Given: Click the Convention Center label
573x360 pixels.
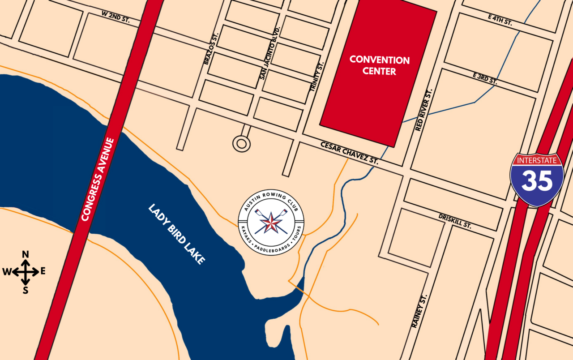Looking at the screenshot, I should coord(379,65).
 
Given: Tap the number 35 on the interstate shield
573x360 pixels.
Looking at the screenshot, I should coord(537,181).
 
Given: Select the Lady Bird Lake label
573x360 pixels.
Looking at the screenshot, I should coord(177,234).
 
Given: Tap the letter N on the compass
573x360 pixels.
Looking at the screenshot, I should coord(26,255).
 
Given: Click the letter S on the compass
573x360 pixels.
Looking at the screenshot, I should coord(26,290).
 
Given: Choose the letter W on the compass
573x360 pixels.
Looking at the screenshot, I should coord(7,272).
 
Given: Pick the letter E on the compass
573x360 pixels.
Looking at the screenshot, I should coord(43,271).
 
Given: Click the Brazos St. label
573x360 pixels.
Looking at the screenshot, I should coord(211,48).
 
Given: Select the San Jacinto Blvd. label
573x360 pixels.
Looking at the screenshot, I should coord(270,53).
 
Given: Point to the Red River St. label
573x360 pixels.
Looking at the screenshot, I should coord(424,110).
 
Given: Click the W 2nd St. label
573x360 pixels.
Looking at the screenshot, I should coord(115,16).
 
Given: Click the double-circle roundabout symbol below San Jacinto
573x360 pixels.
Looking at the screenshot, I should coord(241,144).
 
